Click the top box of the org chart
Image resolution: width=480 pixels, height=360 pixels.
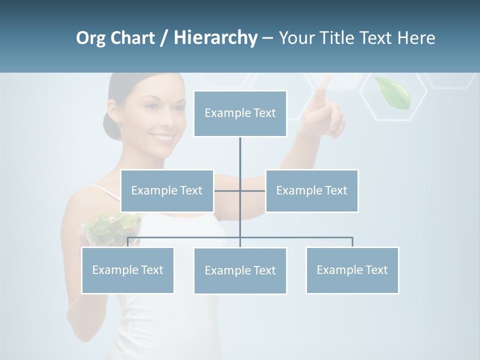click(x=240, y=113)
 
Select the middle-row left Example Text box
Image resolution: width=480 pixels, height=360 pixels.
click(x=167, y=190)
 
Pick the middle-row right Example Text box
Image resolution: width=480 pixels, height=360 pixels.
click(x=311, y=190)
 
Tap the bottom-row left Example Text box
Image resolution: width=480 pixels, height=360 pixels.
click(x=127, y=270)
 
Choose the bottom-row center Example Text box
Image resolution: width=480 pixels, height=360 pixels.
click(x=240, y=270)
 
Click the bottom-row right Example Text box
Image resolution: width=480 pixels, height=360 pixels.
click(x=352, y=270)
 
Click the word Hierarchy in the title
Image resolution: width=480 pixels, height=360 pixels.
click(x=215, y=37)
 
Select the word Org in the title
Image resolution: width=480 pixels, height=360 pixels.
click(x=90, y=38)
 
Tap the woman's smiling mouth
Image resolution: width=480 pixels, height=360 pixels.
click(x=163, y=136)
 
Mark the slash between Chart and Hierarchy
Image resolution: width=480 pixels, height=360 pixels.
click(x=164, y=38)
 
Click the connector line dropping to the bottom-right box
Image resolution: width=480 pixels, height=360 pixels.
click(x=352, y=241)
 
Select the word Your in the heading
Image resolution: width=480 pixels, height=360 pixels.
click(x=297, y=37)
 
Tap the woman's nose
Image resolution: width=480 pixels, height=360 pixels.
click(x=166, y=120)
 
